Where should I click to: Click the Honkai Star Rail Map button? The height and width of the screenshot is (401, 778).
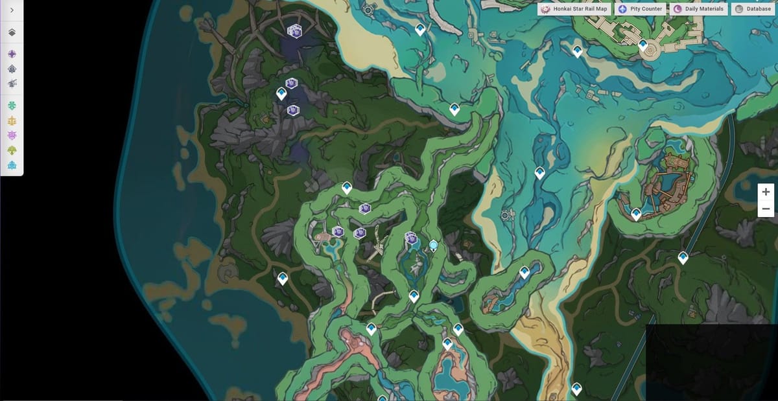tap(574, 9)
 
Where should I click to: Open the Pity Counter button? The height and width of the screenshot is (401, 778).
tap(640, 9)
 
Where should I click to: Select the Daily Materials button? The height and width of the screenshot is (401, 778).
tap(698, 9)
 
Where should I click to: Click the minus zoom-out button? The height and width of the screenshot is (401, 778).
tap(766, 209)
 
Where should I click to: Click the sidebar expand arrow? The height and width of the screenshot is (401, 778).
tap(12, 10)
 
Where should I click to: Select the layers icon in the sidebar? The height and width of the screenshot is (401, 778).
tap(12, 32)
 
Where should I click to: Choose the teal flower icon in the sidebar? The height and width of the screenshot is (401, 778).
tap(12, 105)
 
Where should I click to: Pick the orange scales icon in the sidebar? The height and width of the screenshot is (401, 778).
tap(12, 120)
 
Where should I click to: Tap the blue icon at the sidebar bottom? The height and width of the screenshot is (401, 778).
tap(12, 165)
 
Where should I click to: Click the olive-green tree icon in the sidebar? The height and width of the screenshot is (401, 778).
tap(12, 150)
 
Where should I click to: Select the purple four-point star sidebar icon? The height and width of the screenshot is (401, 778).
tap(12, 54)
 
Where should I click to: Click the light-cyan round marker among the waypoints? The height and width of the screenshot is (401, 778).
tap(433, 245)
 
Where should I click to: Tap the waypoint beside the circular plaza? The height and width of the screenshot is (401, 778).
tap(643, 45)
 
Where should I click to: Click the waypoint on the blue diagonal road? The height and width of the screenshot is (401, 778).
tap(683, 257)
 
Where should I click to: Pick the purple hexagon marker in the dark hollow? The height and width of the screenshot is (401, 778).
tap(296, 30)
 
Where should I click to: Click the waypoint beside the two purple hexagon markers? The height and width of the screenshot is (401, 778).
tap(281, 93)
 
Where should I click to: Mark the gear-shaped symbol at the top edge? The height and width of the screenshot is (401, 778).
tap(368, 10)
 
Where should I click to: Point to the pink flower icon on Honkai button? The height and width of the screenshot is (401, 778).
tap(546, 9)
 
